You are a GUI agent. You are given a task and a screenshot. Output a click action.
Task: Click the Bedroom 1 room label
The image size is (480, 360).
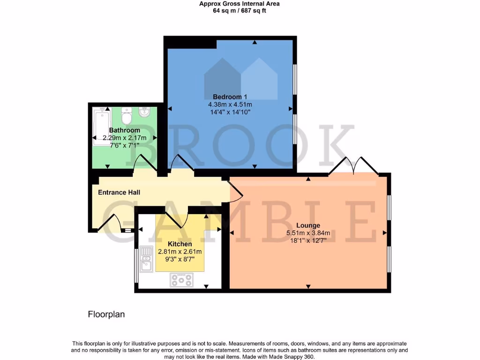pos(230,97)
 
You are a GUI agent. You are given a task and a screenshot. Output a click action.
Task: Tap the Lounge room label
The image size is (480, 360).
pos(308,225)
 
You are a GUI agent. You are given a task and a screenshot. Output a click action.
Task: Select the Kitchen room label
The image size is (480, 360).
pos(180,244)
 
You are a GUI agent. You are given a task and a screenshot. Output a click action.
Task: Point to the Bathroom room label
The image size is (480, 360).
pos(125,130)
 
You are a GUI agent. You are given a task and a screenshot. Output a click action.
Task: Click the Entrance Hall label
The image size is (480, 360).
pos(119,192)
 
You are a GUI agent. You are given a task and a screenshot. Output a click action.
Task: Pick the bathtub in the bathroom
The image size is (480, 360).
pos(102,126)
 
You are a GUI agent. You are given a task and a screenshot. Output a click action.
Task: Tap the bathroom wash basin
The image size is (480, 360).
pos(145,114)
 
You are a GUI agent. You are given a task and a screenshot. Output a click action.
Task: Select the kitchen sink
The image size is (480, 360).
pos(146,259)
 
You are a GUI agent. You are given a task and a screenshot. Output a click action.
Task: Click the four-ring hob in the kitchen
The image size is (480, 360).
pos(181,280)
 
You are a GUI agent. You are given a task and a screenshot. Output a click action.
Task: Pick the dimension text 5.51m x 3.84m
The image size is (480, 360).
pos(308,233)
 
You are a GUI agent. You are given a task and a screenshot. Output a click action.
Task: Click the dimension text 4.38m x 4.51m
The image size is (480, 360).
pos(230,105)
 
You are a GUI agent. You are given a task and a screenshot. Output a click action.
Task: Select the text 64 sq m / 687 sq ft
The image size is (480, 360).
pos(240,10)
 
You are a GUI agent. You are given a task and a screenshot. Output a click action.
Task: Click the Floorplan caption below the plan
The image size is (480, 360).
pos(106,315)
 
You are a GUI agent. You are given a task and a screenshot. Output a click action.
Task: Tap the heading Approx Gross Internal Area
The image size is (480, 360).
pos(240,4)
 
